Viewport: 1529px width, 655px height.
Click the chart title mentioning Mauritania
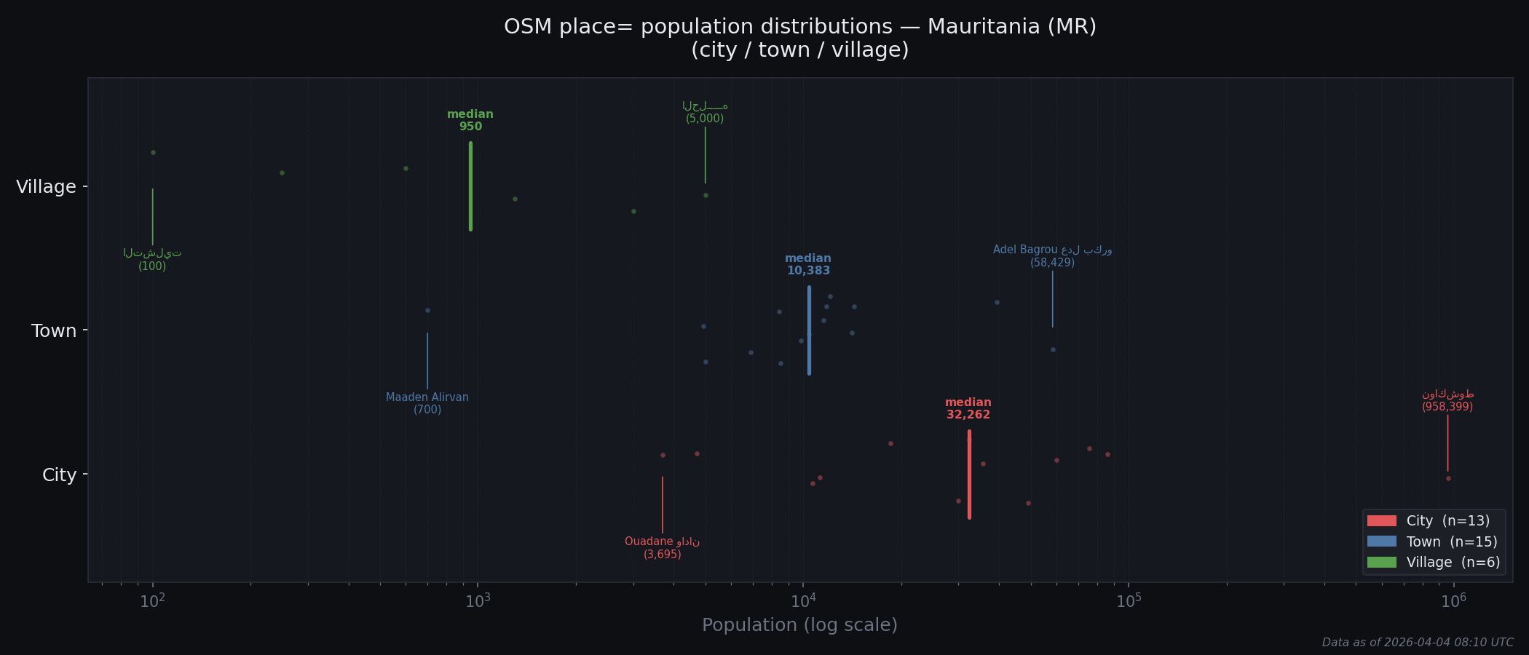pyautogui.click(x=800, y=38)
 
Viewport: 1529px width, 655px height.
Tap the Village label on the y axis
pyautogui.click(x=46, y=187)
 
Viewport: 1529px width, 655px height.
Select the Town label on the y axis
pyautogui.click(x=54, y=331)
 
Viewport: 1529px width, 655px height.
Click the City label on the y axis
pyautogui.click(x=59, y=475)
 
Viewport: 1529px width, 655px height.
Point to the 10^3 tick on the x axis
pyautogui.click(x=478, y=601)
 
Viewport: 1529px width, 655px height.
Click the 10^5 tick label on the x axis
pyautogui.click(x=1128, y=601)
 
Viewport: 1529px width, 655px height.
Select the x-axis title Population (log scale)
pyautogui.click(x=799, y=625)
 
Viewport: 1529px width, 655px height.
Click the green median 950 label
pyautogui.click(x=470, y=121)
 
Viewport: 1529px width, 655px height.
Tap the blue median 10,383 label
pyautogui.click(x=808, y=265)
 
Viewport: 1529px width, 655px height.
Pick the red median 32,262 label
pyautogui.click(x=968, y=409)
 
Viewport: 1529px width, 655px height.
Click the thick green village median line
pyautogui.click(x=471, y=186)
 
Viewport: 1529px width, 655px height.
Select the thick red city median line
pyautogui.click(x=969, y=475)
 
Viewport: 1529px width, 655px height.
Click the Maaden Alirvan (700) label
pyautogui.click(x=427, y=403)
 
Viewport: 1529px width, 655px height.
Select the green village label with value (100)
pyautogui.click(x=152, y=260)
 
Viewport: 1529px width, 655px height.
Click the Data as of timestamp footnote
pyautogui.click(x=1417, y=643)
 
